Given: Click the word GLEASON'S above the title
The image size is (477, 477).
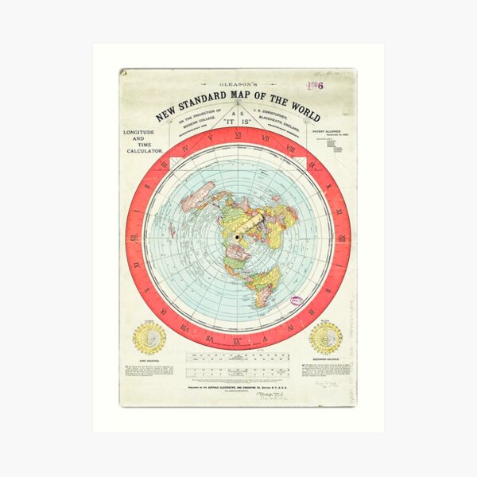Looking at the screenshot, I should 238,83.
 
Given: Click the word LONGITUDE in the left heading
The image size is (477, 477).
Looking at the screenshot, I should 144,133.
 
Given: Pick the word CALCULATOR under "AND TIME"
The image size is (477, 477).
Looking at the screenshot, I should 144,150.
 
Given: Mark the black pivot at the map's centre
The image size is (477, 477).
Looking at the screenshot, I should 237,238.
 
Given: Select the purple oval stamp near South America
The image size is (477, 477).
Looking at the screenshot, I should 296,301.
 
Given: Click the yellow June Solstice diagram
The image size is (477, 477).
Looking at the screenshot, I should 149,337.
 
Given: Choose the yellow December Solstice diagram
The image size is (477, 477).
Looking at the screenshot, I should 326,337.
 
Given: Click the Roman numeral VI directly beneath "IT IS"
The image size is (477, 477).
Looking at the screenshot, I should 238,135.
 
